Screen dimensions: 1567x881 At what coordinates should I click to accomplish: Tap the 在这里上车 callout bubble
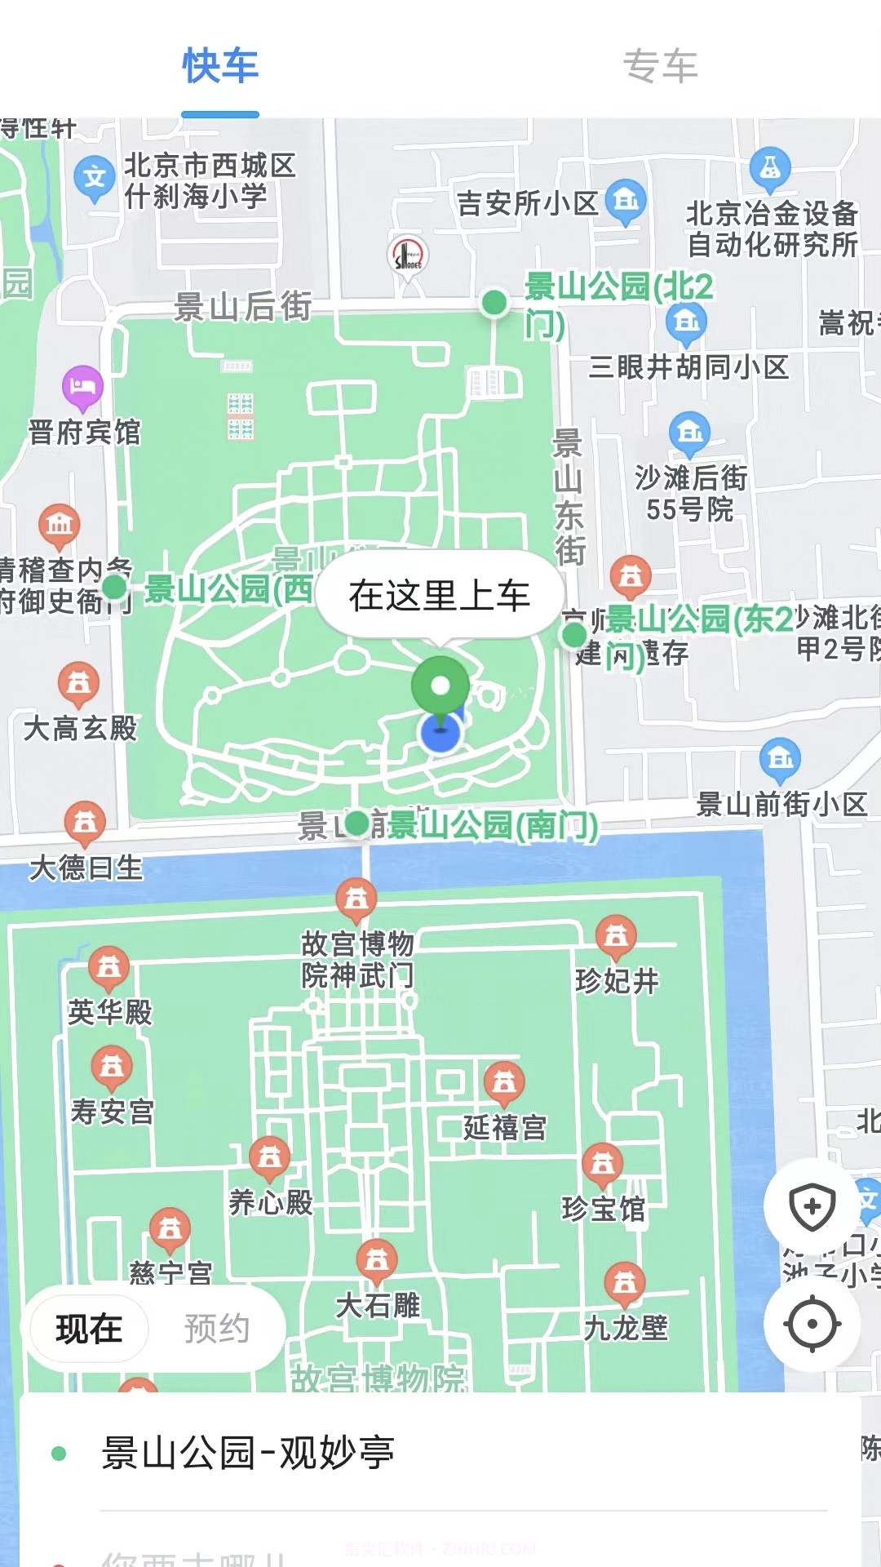tap(440, 595)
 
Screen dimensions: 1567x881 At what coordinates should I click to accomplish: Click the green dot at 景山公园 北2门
tap(494, 303)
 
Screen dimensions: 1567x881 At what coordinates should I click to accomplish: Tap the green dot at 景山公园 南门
tap(357, 823)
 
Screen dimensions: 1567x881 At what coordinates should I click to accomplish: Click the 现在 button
tap(89, 1329)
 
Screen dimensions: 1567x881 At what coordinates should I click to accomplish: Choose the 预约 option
tap(216, 1329)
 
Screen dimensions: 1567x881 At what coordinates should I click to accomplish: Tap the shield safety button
tap(812, 1206)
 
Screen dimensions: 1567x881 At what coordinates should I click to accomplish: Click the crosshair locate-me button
tap(812, 1324)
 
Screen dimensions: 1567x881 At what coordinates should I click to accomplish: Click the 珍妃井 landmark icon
tap(617, 936)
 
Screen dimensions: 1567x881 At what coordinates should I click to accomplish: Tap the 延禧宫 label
tap(505, 1128)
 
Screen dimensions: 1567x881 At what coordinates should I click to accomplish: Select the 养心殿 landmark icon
tap(269, 1157)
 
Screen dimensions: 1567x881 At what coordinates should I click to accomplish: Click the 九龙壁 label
tap(626, 1328)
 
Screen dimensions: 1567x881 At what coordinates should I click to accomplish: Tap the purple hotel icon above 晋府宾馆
tap(82, 385)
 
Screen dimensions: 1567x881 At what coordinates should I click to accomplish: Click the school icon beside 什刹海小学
tap(95, 176)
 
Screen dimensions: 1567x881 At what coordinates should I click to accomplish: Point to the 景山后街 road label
tap(242, 307)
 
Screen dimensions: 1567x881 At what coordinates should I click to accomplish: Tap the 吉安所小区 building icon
tap(626, 199)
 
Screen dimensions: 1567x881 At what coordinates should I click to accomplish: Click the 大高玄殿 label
tap(80, 728)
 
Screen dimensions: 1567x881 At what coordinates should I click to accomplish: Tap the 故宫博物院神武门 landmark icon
tap(356, 899)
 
